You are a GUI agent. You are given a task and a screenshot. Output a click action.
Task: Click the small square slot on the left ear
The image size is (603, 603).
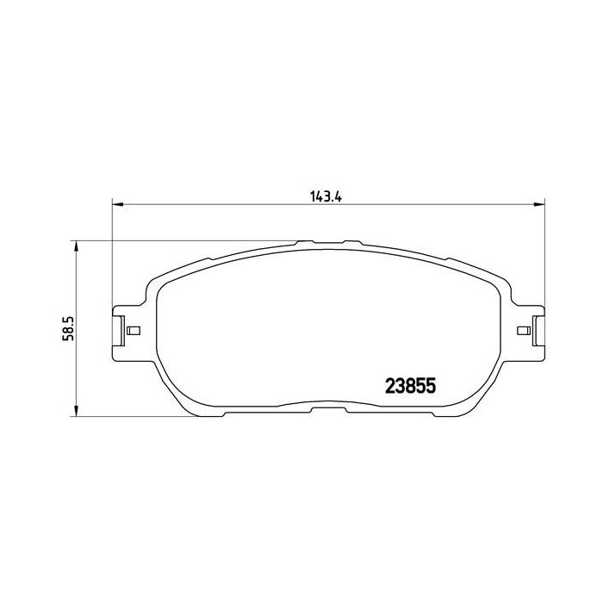click(x=133, y=331)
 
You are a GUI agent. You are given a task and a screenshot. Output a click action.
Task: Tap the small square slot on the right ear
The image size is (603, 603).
click(x=522, y=331)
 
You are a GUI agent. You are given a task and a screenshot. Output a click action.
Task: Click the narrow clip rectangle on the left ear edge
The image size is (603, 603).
click(x=117, y=331)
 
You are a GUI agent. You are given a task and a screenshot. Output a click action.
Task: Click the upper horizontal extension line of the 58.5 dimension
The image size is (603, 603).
click(x=172, y=240)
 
